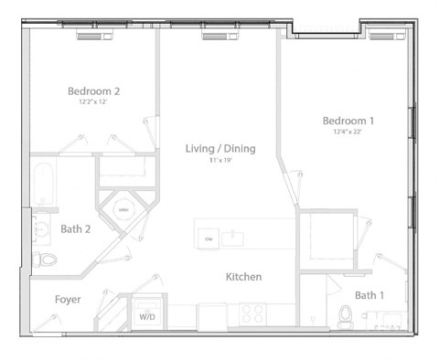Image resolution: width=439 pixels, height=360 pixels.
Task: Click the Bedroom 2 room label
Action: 94,91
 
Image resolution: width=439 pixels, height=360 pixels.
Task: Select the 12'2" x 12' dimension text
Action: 94,102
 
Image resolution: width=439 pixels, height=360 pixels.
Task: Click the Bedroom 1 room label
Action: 348,121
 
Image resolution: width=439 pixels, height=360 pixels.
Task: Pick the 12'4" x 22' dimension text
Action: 348,132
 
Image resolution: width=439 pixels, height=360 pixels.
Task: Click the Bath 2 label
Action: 76,229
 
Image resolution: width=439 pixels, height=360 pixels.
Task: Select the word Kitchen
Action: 244,276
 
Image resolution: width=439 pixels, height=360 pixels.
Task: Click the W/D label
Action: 146,317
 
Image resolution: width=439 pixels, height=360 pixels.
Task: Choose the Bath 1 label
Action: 369,294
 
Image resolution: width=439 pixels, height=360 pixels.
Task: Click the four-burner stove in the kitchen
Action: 252,314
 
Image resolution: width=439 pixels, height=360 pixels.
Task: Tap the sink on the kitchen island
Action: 235,238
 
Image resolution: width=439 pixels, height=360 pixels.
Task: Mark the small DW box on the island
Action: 208,239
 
